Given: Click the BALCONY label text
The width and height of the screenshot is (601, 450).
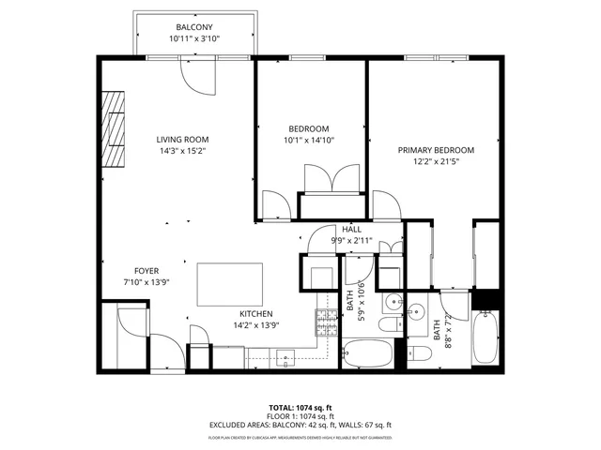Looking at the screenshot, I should click(x=195, y=26).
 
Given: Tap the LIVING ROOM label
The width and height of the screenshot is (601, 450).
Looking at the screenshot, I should click(x=182, y=139).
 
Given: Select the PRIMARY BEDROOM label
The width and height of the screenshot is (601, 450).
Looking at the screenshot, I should click(x=436, y=150).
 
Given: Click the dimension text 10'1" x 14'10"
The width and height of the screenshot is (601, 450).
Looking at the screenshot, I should click(x=309, y=140).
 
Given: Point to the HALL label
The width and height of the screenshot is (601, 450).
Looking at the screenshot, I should click(x=351, y=229).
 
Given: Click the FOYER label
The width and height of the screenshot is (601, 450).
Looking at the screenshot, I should click(x=146, y=270).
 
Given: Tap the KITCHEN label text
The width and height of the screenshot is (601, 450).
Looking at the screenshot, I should click(x=255, y=314).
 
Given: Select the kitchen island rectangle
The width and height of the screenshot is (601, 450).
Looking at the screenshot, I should click(x=229, y=284).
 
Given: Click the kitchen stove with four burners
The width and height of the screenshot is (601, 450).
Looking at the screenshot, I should click(x=326, y=323).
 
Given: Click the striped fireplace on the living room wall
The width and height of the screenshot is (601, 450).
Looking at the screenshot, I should click(x=114, y=129).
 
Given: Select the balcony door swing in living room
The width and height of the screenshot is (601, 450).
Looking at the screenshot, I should click(x=198, y=78).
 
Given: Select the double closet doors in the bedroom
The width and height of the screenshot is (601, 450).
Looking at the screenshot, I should click(x=331, y=178).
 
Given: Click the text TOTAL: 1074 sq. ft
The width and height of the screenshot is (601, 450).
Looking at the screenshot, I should click(x=300, y=408).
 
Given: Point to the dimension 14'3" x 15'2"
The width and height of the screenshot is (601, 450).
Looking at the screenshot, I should click(x=182, y=150).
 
